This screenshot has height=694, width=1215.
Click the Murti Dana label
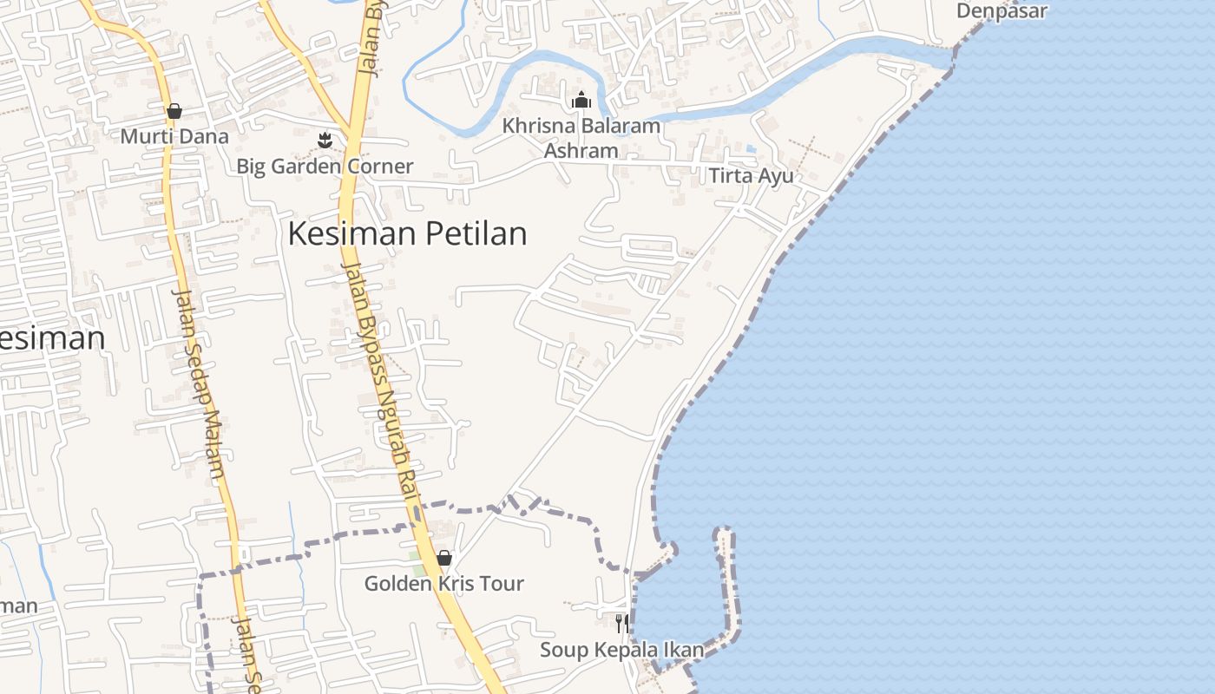[x=174, y=136]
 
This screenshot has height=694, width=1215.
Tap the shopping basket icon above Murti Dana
[x=174, y=111]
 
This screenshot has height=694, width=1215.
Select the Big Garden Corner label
[x=325, y=166]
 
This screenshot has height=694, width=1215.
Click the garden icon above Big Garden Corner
[x=325, y=139]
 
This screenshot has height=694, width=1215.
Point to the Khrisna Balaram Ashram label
[x=581, y=138]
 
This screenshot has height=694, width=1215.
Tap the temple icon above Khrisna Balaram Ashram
[x=581, y=101]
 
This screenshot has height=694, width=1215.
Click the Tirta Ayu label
[x=751, y=176]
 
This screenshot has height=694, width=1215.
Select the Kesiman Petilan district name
[x=407, y=234]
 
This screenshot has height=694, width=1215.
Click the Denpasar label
[x=1002, y=11]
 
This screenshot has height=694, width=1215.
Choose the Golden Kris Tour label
[x=443, y=584]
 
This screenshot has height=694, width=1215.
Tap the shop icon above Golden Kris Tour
[x=444, y=558]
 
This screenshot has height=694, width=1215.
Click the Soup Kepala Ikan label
[x=621, y=650]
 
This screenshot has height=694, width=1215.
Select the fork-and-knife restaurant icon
[x=621, y=623]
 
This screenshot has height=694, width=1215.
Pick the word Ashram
[x=581, y=150]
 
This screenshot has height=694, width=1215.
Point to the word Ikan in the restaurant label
[x=684, y=650]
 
